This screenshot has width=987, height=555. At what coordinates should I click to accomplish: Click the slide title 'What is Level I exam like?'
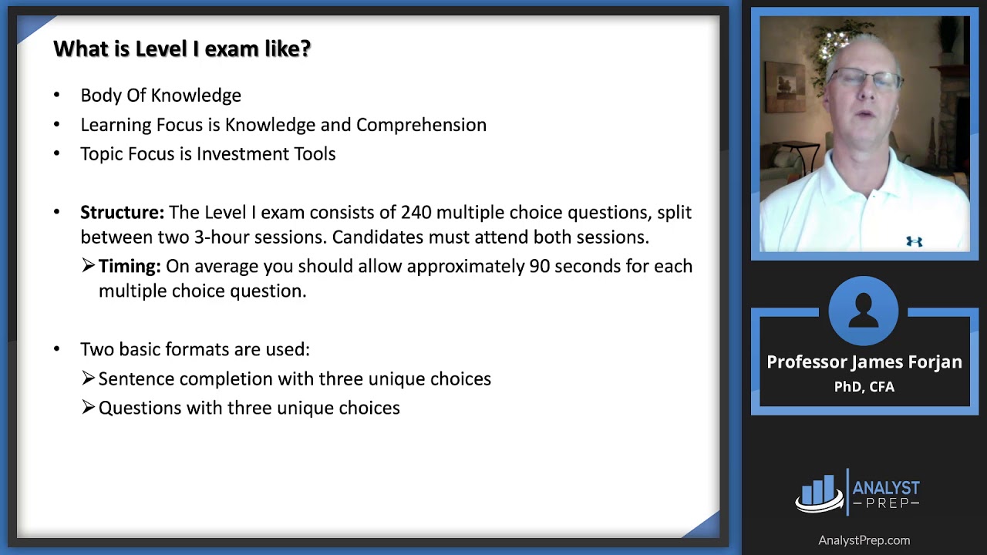point(182,49)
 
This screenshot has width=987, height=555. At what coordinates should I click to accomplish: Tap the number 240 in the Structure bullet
point(416,212)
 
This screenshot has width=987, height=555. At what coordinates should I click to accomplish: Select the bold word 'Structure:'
point(122,212)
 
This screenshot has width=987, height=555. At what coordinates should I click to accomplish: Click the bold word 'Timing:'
point(130,266)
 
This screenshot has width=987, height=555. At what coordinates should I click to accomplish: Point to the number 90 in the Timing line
point(539,266)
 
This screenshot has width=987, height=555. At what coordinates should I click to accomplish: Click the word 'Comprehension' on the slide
point(421,125)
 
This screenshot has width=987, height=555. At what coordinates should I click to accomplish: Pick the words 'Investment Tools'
point(266,153)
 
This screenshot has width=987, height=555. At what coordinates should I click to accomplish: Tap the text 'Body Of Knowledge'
point(161,96)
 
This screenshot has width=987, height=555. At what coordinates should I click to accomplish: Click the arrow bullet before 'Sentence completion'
point(88,378)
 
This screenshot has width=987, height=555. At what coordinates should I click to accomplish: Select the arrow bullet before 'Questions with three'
point(88,407)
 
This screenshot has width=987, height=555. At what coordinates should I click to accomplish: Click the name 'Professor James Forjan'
point(864,362)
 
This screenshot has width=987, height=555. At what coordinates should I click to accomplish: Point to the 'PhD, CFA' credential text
point(864,387)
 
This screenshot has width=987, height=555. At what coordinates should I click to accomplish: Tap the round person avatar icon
point(863,311)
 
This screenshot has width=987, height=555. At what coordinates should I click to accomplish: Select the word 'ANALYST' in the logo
point(886,488)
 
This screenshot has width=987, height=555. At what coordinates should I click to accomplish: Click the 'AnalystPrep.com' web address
point(864,540)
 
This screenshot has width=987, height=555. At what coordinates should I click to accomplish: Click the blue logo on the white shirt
point(915,241)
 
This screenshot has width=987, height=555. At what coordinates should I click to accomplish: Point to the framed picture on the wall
point(786,87)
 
